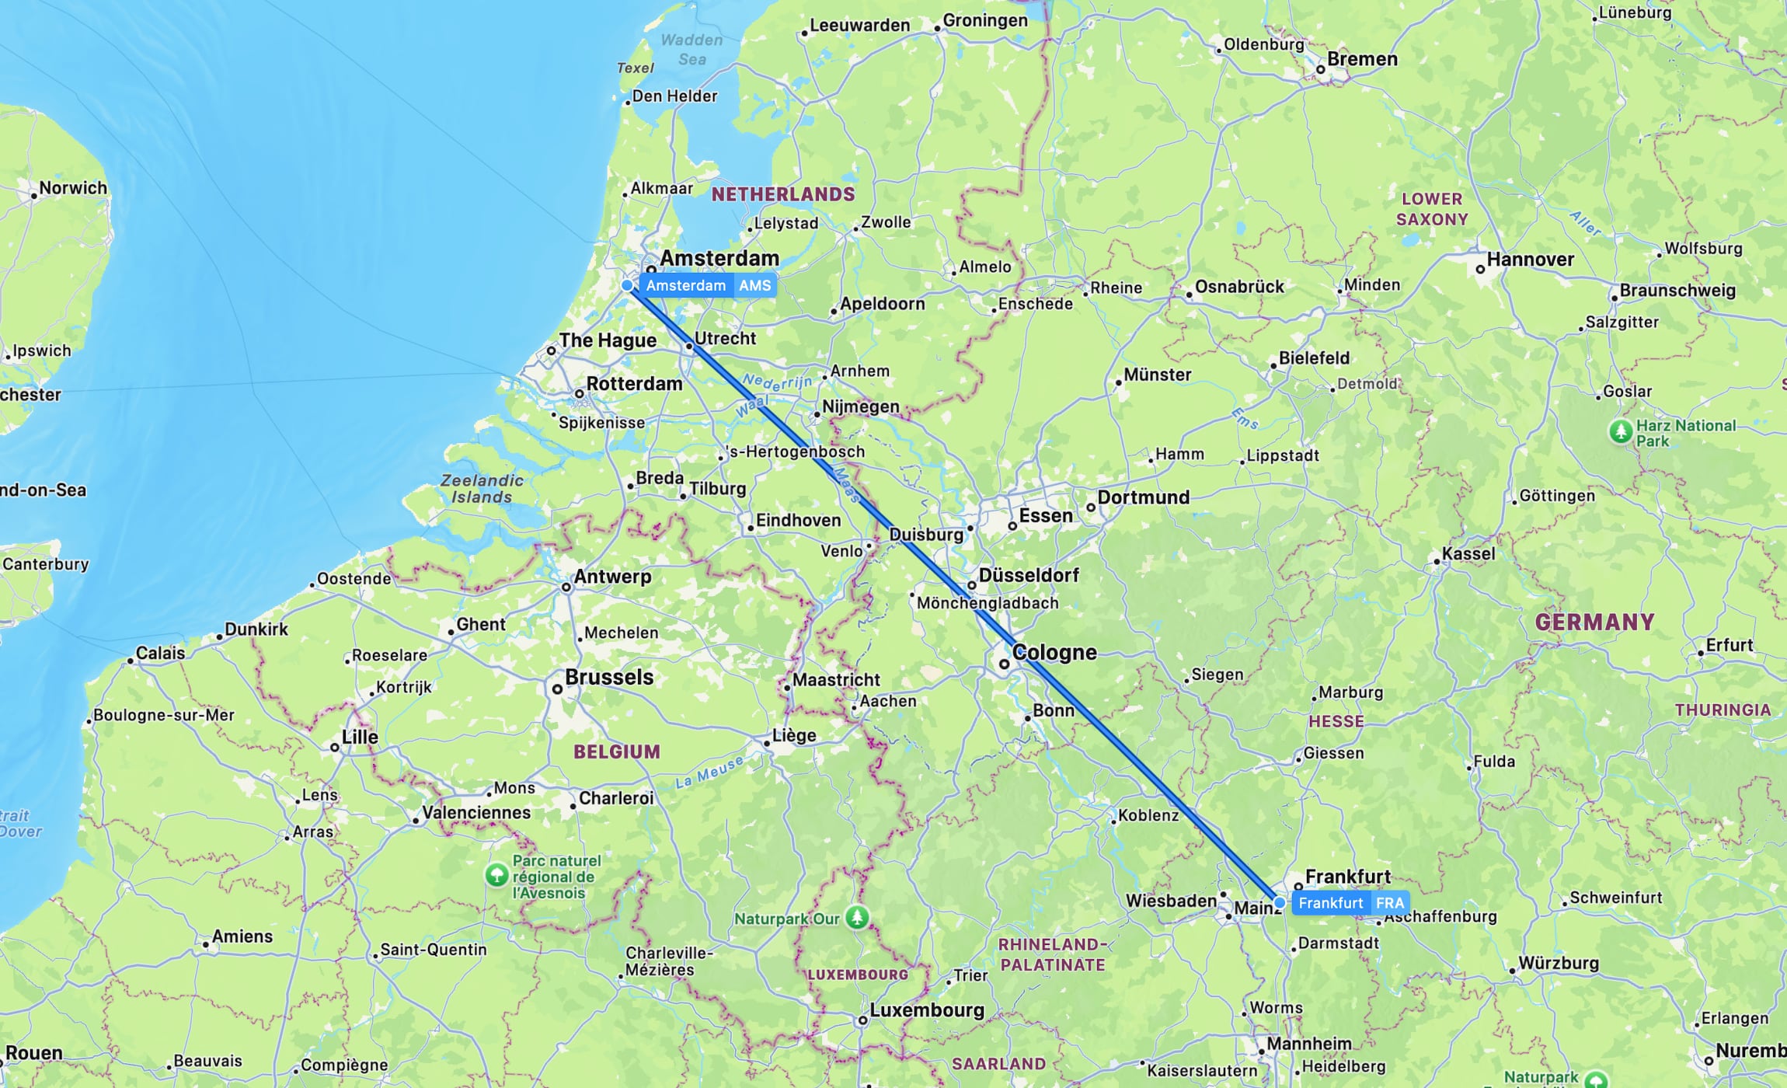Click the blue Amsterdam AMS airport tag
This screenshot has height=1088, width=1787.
(708, 286)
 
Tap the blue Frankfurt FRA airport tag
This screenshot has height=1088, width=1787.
(1350, 903)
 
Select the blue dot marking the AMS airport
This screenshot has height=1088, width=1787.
(627, 286)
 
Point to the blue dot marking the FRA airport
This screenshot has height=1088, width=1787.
(1280, 903)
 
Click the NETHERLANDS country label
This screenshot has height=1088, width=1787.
(783, 194)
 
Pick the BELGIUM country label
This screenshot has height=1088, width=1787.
(617, 751)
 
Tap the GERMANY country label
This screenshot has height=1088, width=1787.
(1594, 622)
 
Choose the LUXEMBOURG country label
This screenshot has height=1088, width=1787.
(858, 975)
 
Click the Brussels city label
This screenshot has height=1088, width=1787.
(609, 678)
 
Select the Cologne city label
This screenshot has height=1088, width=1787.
(1054, 653)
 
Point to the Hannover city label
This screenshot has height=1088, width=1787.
(1530, 260)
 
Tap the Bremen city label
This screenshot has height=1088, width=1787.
(1362, 59)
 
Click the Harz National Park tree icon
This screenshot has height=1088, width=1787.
(1620, 431)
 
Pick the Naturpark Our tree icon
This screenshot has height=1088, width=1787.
(857, 918)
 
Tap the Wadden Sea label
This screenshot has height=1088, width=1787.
(691, 50)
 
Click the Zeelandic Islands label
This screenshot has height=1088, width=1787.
(482, 489)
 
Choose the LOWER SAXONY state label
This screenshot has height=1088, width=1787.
(1432, 209)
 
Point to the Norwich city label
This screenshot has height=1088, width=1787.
(73, 188)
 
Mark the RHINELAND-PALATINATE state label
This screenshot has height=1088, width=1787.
(1052, 954)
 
